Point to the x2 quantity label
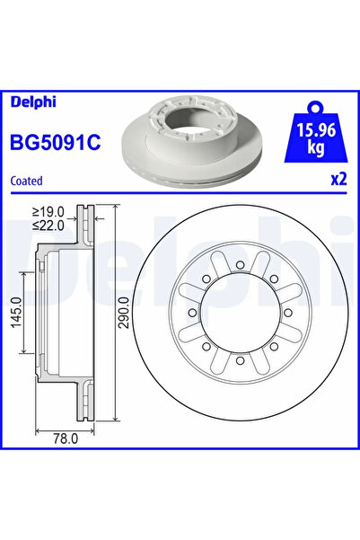pyautogui.click(x=338, y=179)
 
